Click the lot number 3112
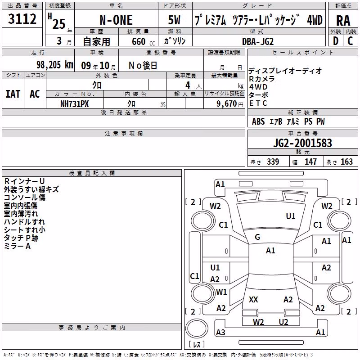[22, 19]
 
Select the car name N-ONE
[116, 20]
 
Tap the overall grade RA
[343, 21]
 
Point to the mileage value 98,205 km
[55, 65]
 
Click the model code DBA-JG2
[258, 41]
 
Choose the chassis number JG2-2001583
[302, 143]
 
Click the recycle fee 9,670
[227, 104]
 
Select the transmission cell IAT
[13, 94]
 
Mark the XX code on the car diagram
[253, 300]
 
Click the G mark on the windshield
[257, 237]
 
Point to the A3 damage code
[220, 332]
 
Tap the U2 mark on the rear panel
[283, 322]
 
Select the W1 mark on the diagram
[221, 292]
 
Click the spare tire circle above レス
[197, 328]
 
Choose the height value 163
[346, 162]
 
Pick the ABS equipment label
[258, 121]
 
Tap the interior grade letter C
[350, 41]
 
